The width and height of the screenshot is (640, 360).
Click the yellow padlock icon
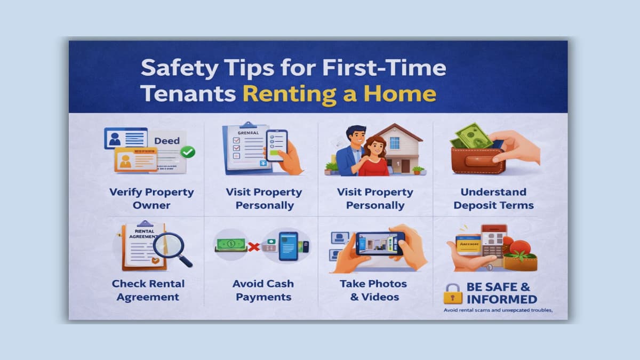pyautogui.click(x=453, y=293)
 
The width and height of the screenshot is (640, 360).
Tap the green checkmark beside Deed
pyautogui.click(x=187, y=152)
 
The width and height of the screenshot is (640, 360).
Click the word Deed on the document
pyautogui.click(x=166, y=141)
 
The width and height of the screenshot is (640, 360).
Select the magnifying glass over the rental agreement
pyautogui.click(x=169, y=247)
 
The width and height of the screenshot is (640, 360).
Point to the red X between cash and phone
pyautogui.click(x=254, y=246)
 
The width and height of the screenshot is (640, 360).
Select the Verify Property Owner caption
pyautogui.click(x=151, y=198)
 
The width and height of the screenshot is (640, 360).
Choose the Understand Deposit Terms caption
pyautogui.click(x=493, y=198)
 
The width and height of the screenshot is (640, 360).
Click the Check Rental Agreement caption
pyautogui.click(x=148, y=290)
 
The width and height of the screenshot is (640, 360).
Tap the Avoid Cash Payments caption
pyautogui.click(x=263, y=290)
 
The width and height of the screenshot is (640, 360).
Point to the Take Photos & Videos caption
pyautogui.click(x=373, y=290)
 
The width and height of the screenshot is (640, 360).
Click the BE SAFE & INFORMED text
pyautogui.click(x=501, y=293)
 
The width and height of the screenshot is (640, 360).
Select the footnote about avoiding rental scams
pyautogui.click(x=498, y=310)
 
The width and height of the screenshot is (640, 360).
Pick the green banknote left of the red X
pyautogui.click(x=230, y=245)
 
